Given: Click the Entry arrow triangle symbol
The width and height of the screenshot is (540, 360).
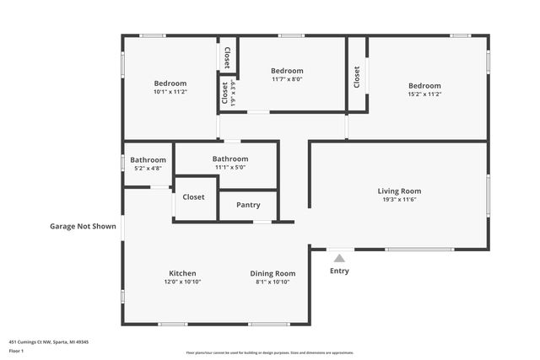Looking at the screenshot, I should (339, 259).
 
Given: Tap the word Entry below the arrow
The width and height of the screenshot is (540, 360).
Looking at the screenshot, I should (339, 271).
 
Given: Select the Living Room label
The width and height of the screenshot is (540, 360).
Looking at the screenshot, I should (399, 191).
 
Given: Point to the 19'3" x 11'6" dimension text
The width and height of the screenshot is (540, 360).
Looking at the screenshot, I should (399, 201).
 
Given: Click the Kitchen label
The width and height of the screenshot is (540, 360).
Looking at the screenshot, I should (183, 273).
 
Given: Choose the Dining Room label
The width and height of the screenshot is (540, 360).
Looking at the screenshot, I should (273, 273).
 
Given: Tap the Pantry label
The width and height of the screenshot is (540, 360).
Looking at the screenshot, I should (248, 205).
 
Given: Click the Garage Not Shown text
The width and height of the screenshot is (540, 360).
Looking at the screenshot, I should (83, 226).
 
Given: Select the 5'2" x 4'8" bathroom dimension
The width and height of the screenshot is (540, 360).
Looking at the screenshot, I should (148, 169).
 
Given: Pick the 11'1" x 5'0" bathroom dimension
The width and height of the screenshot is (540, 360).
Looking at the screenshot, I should (230, 168).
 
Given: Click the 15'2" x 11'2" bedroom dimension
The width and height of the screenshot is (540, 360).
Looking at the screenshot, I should (424, 94).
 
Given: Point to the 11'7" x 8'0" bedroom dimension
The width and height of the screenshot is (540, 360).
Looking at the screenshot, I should (287, 79).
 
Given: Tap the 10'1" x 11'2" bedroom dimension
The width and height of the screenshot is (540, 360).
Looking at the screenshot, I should (170, 92).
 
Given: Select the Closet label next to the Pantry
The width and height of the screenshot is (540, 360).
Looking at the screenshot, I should (193, 197).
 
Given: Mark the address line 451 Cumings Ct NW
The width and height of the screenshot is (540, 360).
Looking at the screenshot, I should (48, 341).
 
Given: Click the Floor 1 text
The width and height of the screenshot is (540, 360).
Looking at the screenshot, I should (16, 350).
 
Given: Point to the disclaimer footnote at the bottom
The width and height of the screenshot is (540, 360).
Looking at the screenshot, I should (270, 352).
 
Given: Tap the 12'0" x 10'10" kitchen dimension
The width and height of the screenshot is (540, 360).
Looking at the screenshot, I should (183, 282).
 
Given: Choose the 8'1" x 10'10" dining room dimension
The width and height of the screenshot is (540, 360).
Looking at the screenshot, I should (273, 282).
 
